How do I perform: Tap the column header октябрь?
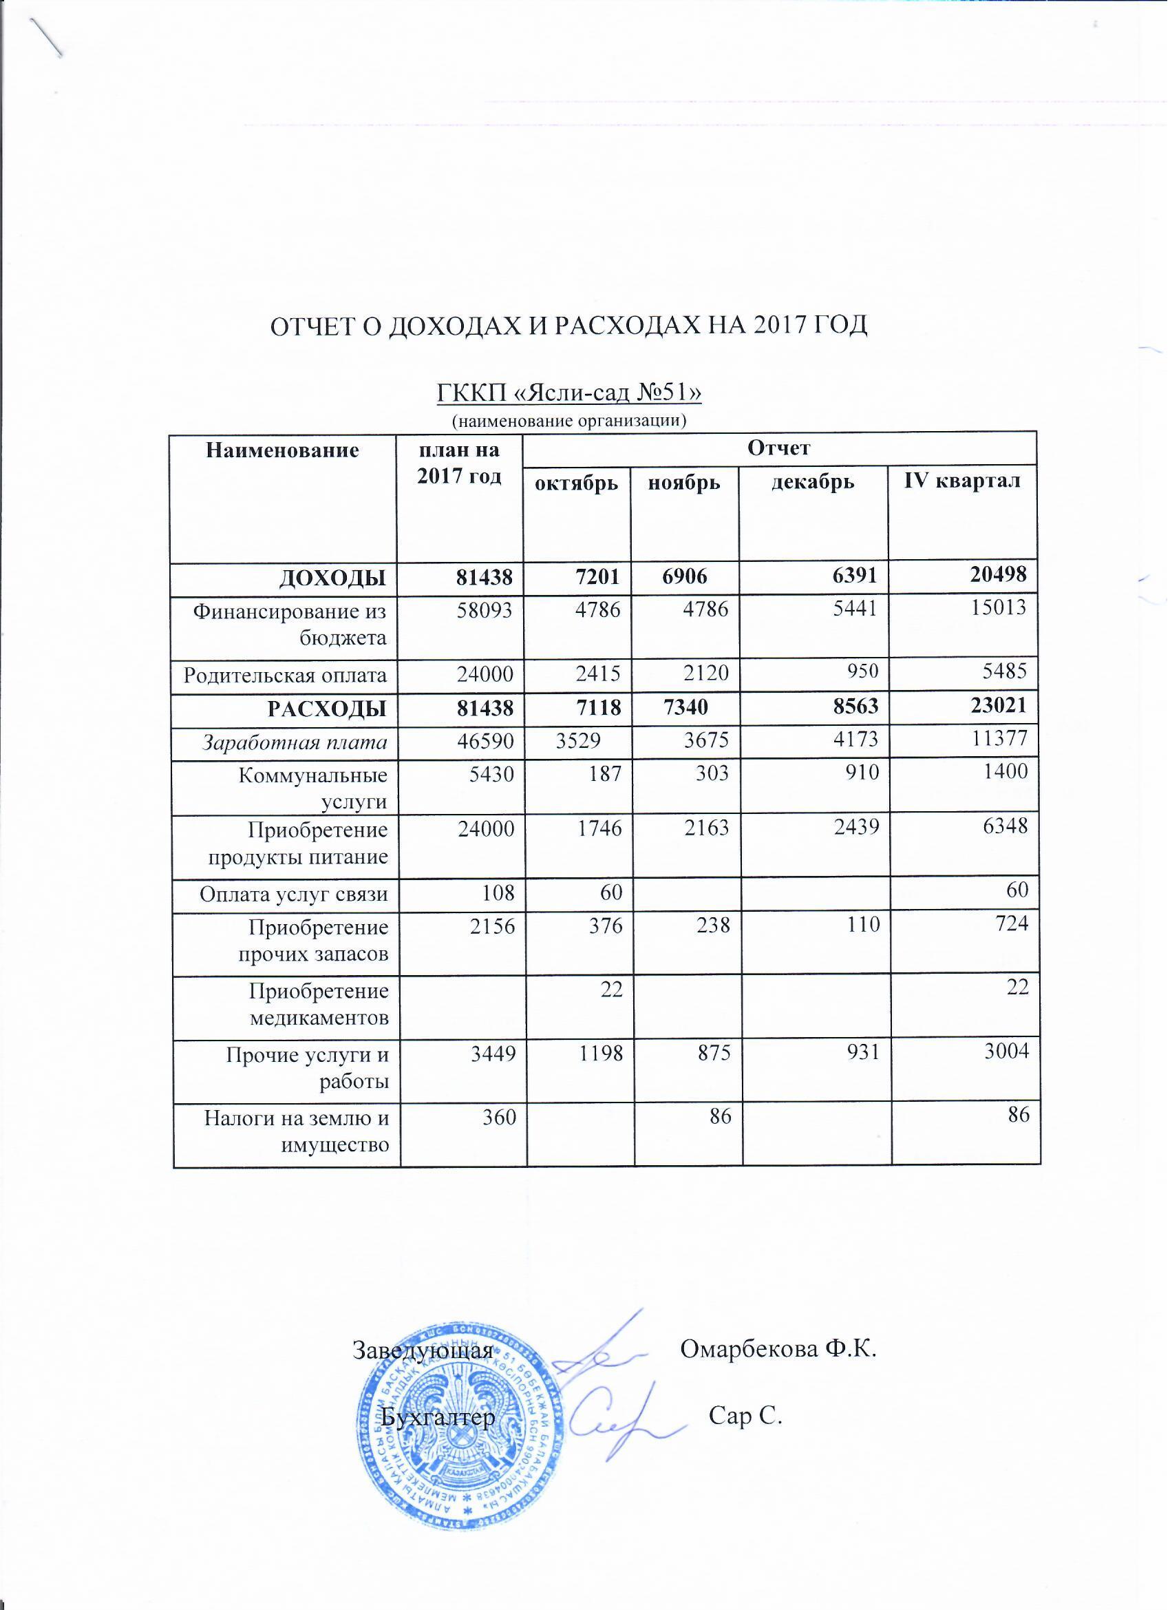tap(576, 484)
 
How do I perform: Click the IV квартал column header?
tap(961, 481)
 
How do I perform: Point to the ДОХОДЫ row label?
tap(332, 578)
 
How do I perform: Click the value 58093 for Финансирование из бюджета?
tap(485, 610)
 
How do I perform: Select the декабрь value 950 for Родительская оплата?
tap(862, 671)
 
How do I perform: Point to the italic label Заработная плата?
tap(295, 743)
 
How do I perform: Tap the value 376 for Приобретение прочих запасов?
tap(604, 926)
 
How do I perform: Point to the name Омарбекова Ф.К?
tap(778, 1349)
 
